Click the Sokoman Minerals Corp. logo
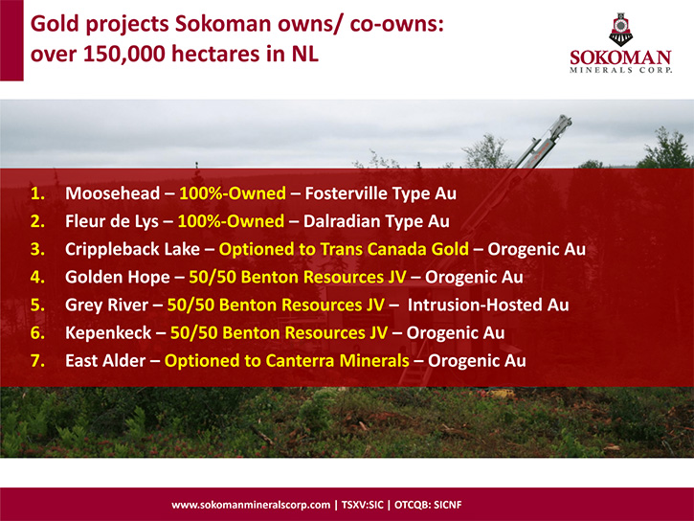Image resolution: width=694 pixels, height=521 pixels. coord(620,43)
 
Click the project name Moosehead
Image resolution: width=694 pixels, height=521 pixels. coord(112,193)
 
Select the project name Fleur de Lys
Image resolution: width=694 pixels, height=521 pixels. coord(112,221)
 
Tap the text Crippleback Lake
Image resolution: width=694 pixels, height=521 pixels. coord(132,249)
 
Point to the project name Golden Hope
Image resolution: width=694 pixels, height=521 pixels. coord(118,277)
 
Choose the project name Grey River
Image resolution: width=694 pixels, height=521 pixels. coord(106,305)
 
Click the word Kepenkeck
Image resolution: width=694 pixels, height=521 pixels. coord(108,333)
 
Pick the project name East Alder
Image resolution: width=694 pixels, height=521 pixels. coord(105,361)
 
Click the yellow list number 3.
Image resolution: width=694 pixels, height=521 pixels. coord(37,249)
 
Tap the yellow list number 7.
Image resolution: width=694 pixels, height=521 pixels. coord(37,361)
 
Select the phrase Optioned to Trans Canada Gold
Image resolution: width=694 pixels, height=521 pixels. coord(344,249)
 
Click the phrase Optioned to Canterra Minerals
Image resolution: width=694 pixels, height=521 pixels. coord(287,361)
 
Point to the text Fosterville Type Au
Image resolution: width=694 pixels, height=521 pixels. coord(381,193)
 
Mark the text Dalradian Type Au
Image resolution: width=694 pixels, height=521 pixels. coord(376,221)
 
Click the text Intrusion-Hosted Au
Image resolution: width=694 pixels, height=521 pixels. coord(488,305)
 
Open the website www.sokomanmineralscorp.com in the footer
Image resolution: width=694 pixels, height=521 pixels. coord(251,505)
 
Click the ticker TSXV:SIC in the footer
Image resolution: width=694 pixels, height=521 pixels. coord(363,505)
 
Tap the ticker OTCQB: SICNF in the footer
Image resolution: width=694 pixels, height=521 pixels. coord(428,505)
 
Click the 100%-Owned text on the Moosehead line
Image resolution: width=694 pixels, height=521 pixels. coord(233,193)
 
